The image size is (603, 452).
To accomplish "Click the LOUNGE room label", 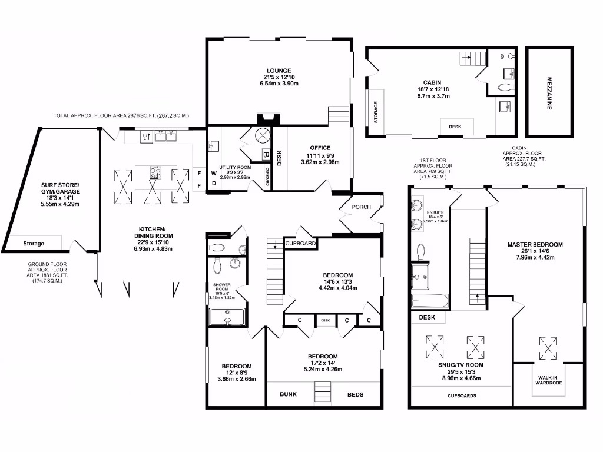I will pyautogui.click(x=279, y=71).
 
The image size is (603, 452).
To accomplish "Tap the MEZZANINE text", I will pyautogui.click(x=549, y=91).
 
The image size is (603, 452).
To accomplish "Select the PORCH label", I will pyautogui.click(x=361, y=207).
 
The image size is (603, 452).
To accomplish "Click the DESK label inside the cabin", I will pyautogui.click(x=455, y=127).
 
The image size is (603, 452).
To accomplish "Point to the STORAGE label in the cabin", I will pyautogui.click(x=376, y=112).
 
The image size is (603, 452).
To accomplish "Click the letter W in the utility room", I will pyautogui.click(x=214, y=174).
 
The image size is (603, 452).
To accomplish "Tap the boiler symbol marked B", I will pyautogui.click(x=265, y=155).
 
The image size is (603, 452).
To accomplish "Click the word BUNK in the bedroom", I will pyautogui.click(x=288, y=394).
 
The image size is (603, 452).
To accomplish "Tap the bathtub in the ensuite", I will pyautogui.click(x=429, y=301).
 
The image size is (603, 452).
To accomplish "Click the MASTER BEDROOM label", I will pyautogui.click(x=535, y=244).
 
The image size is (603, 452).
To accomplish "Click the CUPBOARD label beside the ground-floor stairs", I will pyautogui.click(x=300, y=243).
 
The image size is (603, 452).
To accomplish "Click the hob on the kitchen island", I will pyautogui.click(x=156, y=173).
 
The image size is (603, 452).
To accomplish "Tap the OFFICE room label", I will pyautogui.click(x=320, y=148).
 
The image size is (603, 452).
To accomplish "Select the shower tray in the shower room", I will pyautogui.click(x=227, y=317).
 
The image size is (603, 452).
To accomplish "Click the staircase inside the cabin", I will pyautogui.click(x=473, y=58).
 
